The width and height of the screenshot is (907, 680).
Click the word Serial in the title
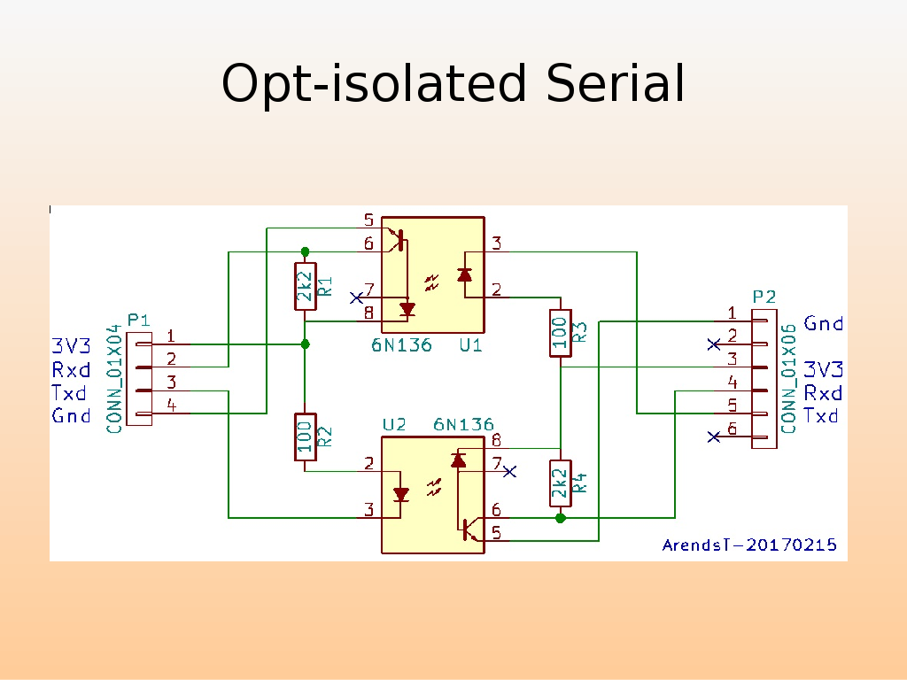click(x=616, y=85)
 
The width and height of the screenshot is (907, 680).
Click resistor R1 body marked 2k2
click(x=305, y=286)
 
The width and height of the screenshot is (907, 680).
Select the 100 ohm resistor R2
click(x=305, y=437)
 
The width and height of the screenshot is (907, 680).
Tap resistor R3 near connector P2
click(x=560, y=333)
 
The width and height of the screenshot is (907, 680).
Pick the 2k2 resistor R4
click(x=560, y=483)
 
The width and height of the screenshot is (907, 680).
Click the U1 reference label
click(x=471, y=345)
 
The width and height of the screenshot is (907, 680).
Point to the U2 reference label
click(x=394, y=425)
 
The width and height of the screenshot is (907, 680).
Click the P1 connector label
click(x=139, y=320)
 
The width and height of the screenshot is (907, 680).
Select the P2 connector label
click(x=764, y=297)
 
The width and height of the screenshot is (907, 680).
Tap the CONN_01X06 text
click(x=788, y=378)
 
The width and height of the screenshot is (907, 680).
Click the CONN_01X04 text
click(x=113, y=378)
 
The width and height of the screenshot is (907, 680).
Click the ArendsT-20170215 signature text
click(x=749, y=545)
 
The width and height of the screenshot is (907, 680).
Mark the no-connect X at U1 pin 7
click(x=356, y=297)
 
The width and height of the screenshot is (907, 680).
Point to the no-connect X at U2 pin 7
click(x=509, y=472)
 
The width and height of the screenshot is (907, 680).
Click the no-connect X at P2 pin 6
click(x=714, y=436)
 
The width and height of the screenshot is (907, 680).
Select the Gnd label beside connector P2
click(x=823, y=324)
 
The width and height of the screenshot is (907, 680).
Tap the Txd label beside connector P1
click(x=69, y=393)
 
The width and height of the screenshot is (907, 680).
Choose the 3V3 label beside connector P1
click(x=71, y=346)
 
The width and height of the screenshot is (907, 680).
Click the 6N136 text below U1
click(x=402, y=345)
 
